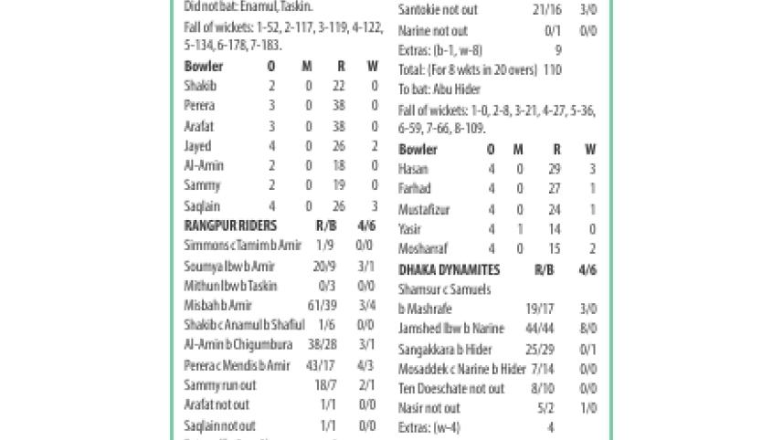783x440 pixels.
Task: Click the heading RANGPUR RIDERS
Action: (230, 225)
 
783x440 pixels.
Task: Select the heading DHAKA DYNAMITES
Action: (449, 270)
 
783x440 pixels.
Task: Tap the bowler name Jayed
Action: (197, 146)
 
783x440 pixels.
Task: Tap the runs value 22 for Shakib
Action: (341, 86)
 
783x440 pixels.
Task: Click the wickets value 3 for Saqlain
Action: (375, 206)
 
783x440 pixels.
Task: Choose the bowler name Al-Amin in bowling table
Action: (203, 166)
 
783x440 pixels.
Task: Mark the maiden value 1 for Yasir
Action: (519, 230)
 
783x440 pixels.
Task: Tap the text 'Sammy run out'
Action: (220, 386)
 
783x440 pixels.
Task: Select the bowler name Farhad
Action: (415, 189)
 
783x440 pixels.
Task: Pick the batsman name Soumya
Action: (204, 267)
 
